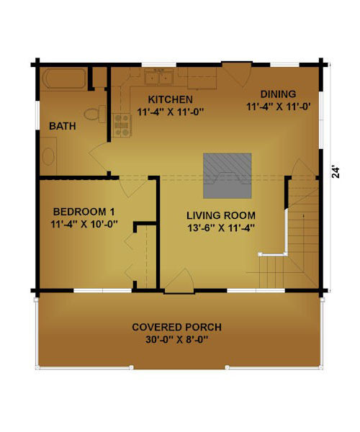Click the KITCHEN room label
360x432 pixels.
tap(170, 99)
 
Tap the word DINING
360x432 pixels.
tap(278, 94)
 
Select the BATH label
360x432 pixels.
tap(63, 126)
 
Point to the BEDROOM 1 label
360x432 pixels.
tap(84, 212)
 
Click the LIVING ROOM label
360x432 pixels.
tap(221, 215)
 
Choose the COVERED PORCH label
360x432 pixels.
tap(177, 328)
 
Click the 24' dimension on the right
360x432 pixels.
tap(336, 172)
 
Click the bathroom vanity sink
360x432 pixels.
tap(48, 156)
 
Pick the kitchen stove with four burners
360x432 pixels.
tap(122, 125)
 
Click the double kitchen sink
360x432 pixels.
tap(159, 76)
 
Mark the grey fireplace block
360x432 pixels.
tap(228, 176)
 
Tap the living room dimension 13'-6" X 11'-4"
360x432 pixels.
tap(221, 228)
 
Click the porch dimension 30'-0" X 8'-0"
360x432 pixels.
tap(176, 340)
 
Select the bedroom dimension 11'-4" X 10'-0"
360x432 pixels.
tap(84, 224)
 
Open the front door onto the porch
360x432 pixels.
tap(179, 281)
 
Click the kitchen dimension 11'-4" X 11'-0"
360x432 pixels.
tap(170, 112)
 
